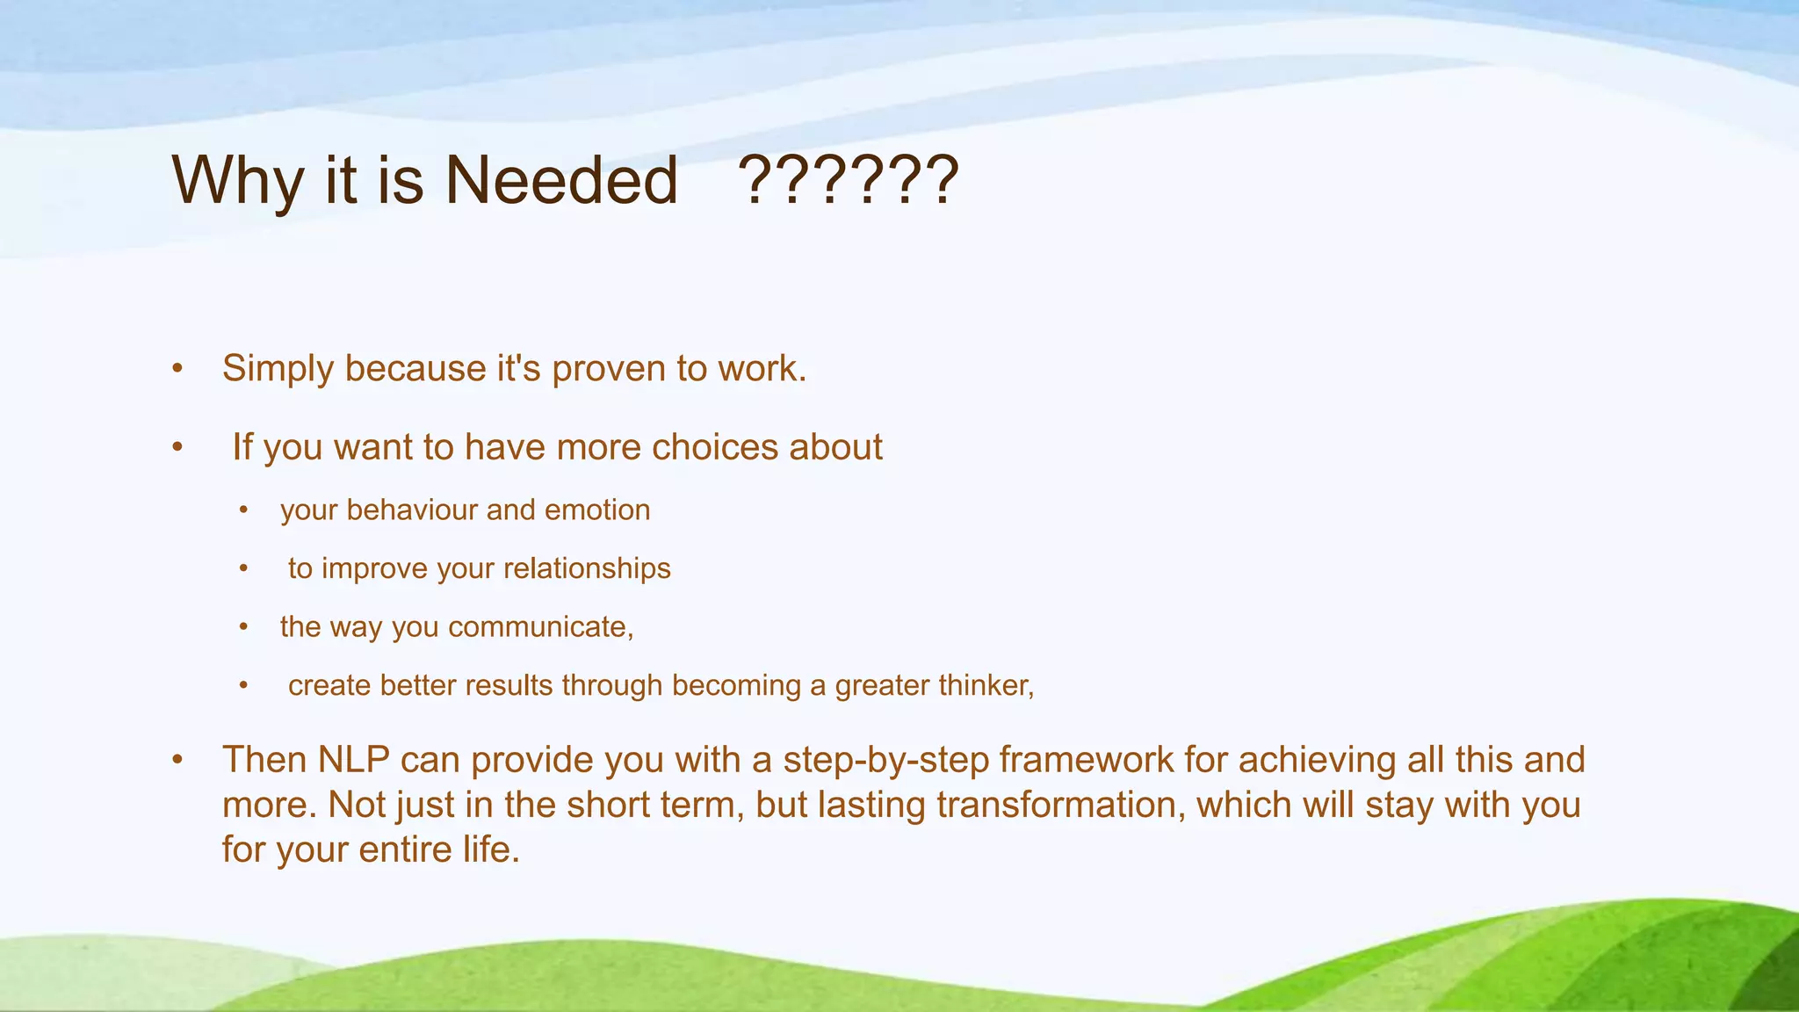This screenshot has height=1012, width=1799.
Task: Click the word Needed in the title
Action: coord(561,180)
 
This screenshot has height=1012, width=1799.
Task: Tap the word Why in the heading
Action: coord(235,180)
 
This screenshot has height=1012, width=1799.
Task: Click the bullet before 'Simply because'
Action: coord(177,370)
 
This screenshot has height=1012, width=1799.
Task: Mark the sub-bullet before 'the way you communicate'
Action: coord(244,627)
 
